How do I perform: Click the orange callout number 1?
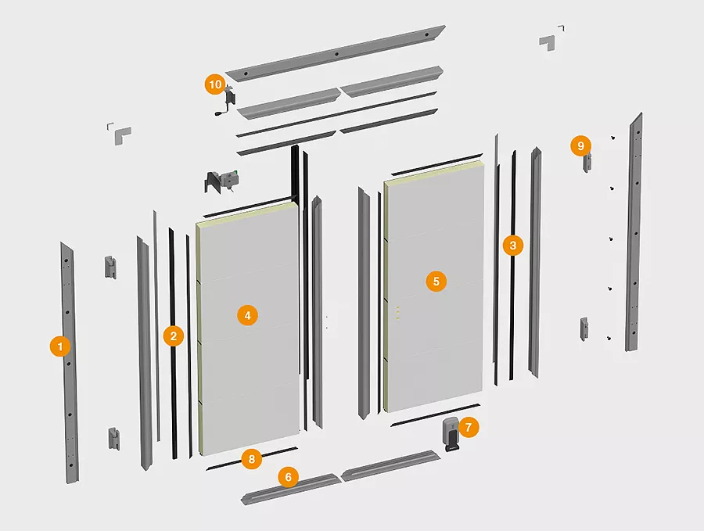[60, 346]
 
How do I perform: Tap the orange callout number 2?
[174, 335]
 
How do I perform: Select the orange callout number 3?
[512, 245]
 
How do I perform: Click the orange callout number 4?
[247, 315]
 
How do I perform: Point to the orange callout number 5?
[436, 282]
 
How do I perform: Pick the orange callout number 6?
[288, 477]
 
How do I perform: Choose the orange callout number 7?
[469, 427]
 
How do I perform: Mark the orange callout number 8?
[251, 459]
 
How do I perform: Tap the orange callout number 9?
[581, 146]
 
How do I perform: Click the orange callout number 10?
[216, 84]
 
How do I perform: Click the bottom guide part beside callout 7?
[451, 433]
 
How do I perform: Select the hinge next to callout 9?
[587, 163]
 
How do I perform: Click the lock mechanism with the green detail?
[222, 181]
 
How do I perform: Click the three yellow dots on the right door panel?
[397, 313]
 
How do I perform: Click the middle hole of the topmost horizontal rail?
[336, 54]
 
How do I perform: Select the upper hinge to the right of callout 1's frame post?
[110, 267]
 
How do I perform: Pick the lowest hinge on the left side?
[114, 439]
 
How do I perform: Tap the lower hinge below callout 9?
[584, 328]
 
